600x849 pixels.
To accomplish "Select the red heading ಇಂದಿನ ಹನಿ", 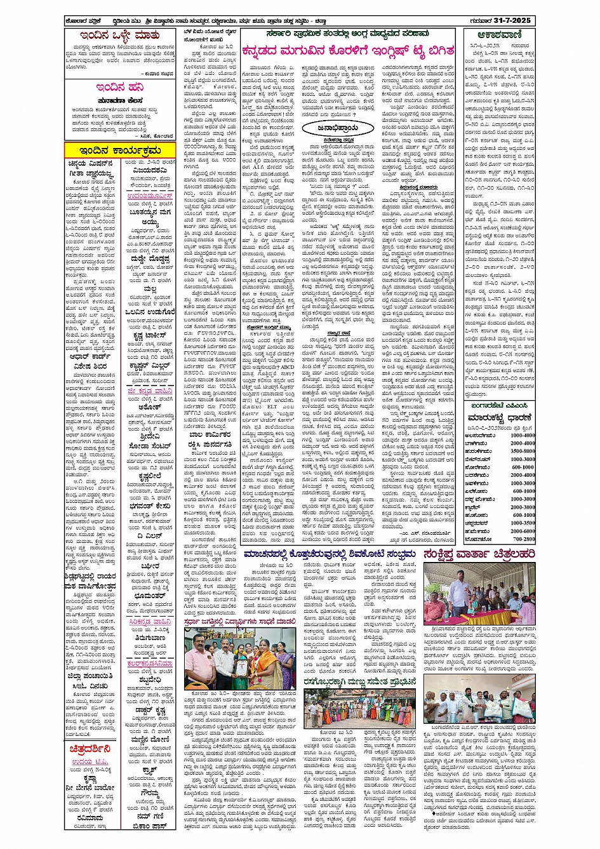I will (x=119, y=88).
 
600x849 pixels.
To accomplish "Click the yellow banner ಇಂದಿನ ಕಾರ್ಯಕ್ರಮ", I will (x=120, y=150).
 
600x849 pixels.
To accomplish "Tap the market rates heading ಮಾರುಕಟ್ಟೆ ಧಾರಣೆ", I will (x=500, y=418).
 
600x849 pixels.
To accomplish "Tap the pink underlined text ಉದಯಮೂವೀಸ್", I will (x=150, y=196).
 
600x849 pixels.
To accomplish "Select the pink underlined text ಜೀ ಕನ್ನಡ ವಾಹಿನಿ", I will (x=150, y=392).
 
